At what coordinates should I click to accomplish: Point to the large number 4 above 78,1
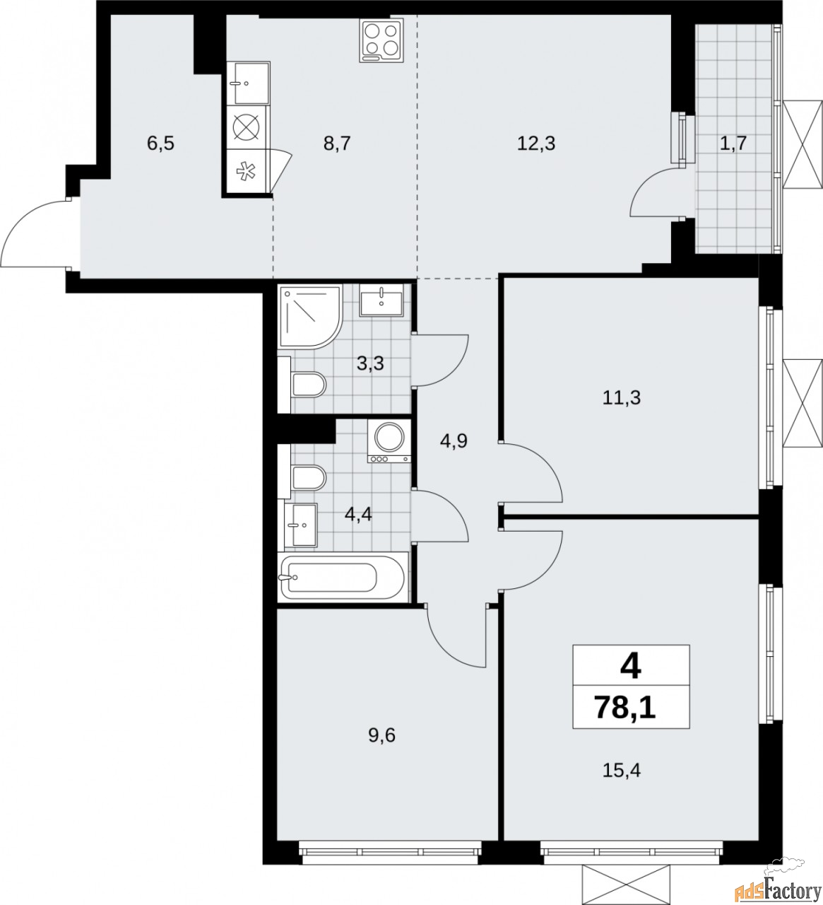coord(630,665)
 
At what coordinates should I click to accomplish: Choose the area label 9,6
coord(381,736)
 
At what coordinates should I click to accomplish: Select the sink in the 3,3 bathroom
coord(381,300)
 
